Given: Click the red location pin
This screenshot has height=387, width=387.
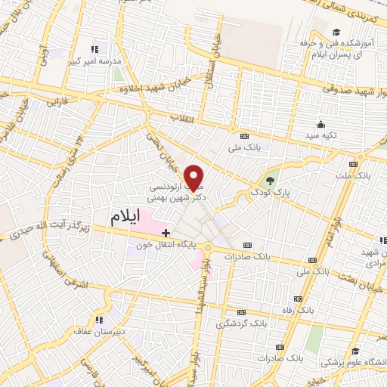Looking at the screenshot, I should click(x=194, y=178).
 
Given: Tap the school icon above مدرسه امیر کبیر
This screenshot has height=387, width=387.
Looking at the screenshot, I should click(x=94, y=48).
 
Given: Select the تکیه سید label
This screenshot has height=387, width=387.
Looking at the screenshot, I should click(x=322, y=135).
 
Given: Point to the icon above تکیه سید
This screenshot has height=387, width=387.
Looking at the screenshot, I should click(x=322, y=124).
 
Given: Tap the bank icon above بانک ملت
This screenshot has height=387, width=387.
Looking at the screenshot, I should click(x=352, y=164).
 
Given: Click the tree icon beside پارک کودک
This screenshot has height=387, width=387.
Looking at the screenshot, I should click(x=271, y=181).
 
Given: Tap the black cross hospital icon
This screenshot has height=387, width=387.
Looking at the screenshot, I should click(x=166, y=233).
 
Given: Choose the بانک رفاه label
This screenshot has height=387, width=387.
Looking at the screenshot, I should click(x=316, y=310).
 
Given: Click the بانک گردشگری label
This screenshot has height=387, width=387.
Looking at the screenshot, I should click(x=241, y=324).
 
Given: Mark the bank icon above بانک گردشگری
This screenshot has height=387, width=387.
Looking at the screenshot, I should click(x=241, y=311).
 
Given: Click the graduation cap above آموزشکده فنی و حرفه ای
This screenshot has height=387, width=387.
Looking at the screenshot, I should click(x=336, y=31).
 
